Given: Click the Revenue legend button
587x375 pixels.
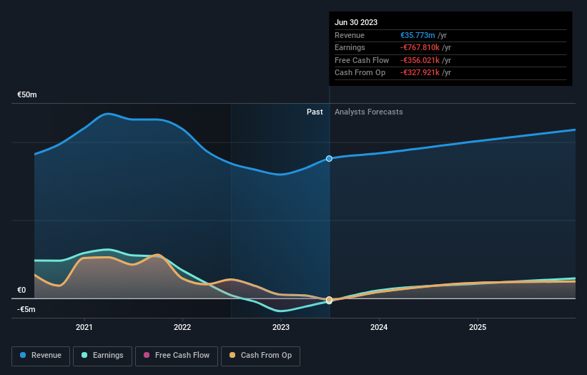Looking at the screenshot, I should point(41,355).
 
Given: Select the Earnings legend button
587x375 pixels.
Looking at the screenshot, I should point(102,355).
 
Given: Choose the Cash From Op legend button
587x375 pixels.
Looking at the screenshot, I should point(260,355).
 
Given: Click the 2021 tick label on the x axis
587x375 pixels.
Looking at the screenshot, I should point(84,327).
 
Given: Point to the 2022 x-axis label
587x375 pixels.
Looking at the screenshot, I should point(182,327).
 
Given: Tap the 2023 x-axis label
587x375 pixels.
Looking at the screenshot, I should point(281,327).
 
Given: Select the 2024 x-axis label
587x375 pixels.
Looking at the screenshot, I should point(379,327).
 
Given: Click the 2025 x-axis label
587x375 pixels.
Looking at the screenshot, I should point(478,327).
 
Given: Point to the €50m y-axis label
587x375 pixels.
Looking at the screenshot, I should point(27,94).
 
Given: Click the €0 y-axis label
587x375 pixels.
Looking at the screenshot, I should point(21,290).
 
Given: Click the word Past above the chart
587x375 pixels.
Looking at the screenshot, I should point(315,112).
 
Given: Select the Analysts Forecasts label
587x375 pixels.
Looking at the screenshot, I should point(368,112).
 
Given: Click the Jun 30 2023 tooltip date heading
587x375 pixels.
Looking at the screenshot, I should point(356,22).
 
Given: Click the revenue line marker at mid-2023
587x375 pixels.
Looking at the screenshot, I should point(329,158).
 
